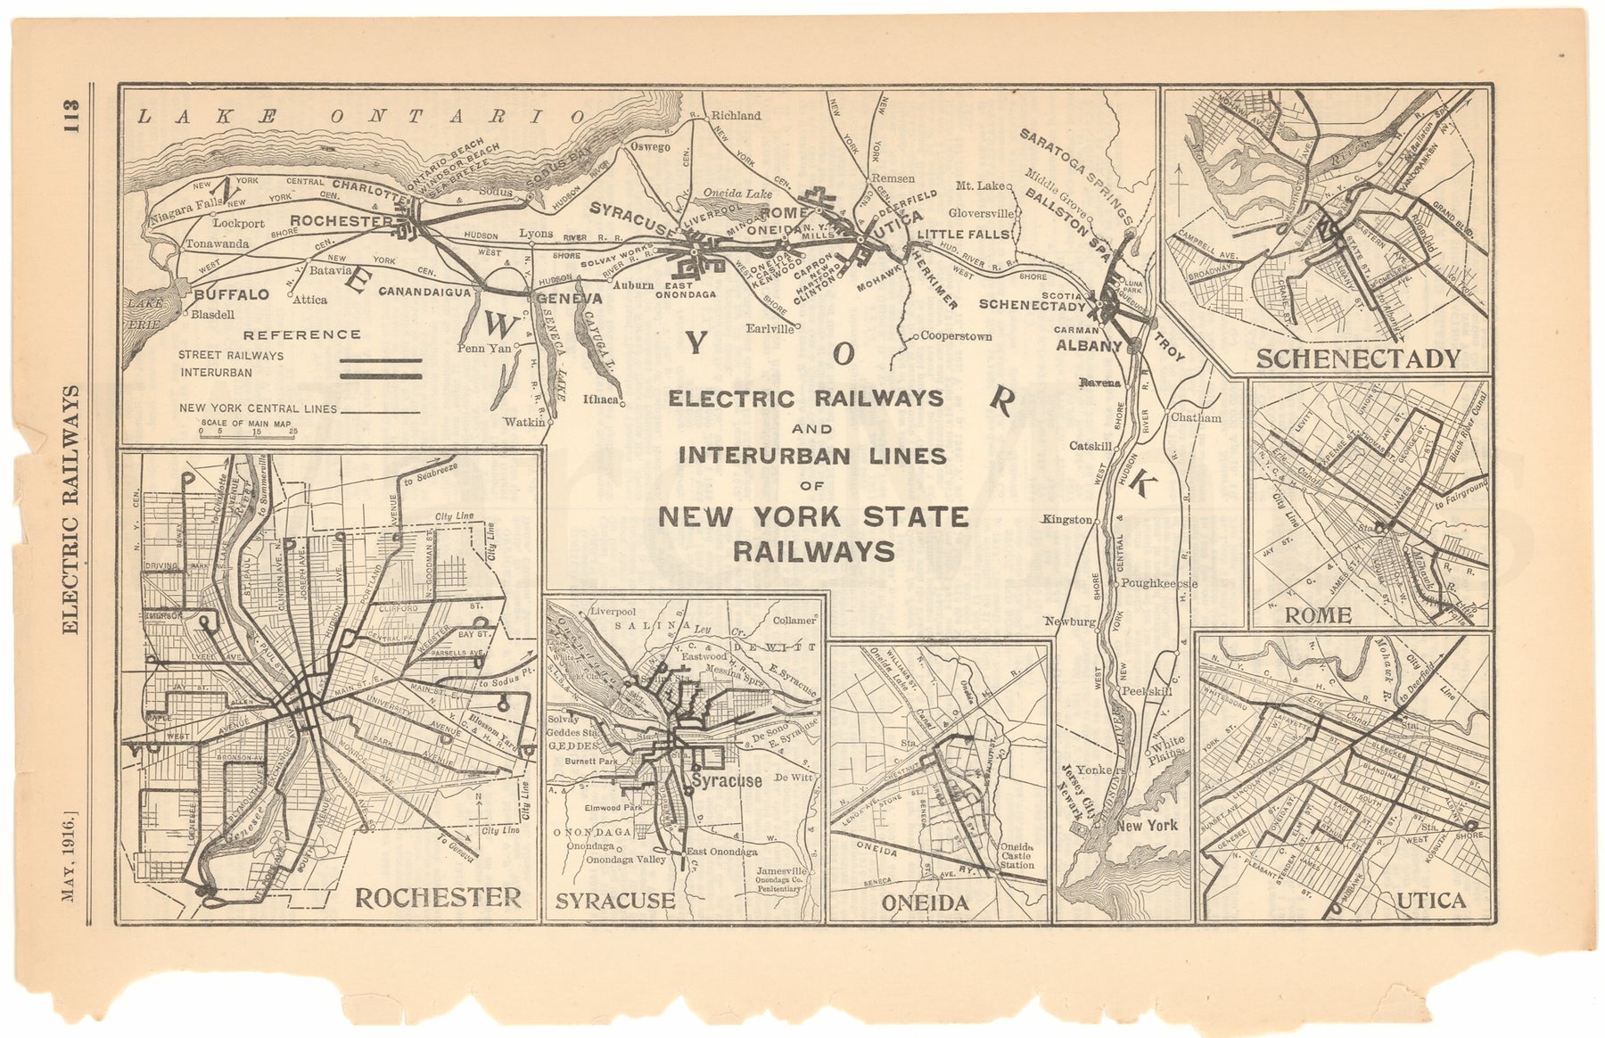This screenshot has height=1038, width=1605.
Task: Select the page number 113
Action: (x=70, y=117)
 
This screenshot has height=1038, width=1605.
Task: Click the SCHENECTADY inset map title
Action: (x=1358, y=358)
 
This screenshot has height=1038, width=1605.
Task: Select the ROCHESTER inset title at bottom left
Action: (x=437, y=896)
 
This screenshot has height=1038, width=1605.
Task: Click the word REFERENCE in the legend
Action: (x=302, y=334)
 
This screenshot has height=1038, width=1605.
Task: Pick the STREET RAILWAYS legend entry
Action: (x=231, y=355)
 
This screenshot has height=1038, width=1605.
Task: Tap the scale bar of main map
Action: (x=249, y=432)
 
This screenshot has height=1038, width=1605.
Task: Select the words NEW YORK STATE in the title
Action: (x=812, y=517)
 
